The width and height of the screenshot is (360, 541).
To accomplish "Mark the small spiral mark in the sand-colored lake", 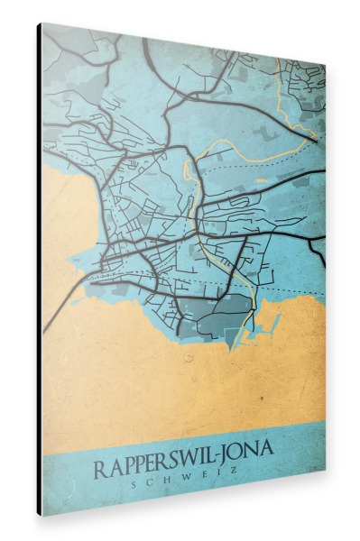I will pyautogui.click(x=188, y=357).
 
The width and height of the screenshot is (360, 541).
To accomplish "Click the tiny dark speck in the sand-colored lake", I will pyautogui.click(x=263, y=397).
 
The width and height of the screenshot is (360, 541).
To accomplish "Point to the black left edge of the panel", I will pyautogui.click(x=39, y=270).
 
